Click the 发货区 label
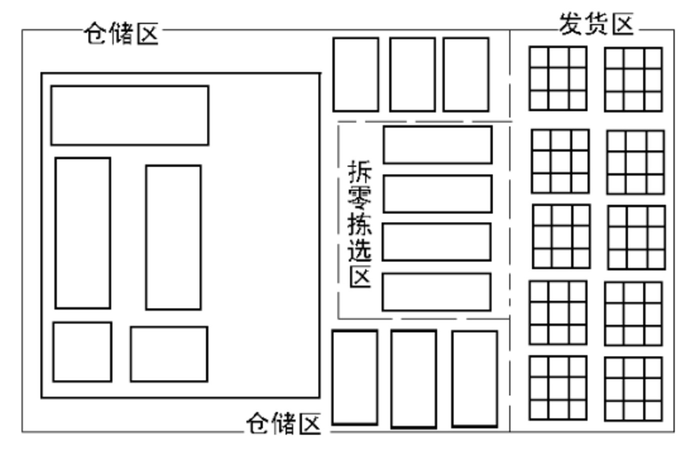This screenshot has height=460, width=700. tap(596, 24)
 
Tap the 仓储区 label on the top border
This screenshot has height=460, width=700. tap(121, 34)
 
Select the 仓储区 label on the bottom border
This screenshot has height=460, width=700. tap(283, 424)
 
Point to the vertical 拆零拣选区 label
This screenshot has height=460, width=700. tap(360, 224)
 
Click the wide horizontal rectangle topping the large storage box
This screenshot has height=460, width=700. tap(130, 116)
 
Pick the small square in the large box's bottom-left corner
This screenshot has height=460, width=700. tap(82, 352)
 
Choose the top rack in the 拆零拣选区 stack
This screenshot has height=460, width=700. tap(437, 145)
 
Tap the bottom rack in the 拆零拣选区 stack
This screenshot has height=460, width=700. tap(436, 292)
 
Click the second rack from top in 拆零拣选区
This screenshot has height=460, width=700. tap(437, 194)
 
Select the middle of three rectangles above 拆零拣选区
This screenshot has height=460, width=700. tap(412, 75)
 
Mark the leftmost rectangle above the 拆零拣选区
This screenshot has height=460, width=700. tap(356, 75)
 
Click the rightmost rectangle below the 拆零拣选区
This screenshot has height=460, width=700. tap(474, 378)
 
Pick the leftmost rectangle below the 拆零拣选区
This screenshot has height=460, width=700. tap(355, 377)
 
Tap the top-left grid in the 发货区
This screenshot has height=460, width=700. tap(558, 79)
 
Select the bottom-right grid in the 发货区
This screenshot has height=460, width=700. tap(633, 388)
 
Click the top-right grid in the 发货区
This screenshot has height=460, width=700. tap(633, 79)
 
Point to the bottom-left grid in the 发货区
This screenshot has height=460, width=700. tap(558, 387)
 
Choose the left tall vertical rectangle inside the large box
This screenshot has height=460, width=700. tap(83, 233)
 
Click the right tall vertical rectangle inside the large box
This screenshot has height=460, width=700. tap(173, 237)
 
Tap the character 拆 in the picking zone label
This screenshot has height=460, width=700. tap(360, 172)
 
